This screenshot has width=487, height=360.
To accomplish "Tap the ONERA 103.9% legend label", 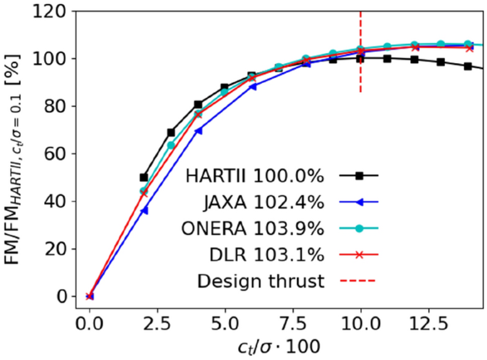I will click(x=257, y=228).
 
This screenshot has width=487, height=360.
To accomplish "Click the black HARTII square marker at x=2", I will click(x=144, y=177).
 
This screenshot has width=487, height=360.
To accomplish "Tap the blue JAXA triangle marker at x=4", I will click(x=198, y=131).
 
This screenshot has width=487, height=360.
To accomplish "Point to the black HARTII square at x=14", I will click(x=467, y=66).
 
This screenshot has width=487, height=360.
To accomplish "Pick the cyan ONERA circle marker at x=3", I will click(x=171, y=145).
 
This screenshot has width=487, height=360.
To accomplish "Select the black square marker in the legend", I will click(x=360, y=176).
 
